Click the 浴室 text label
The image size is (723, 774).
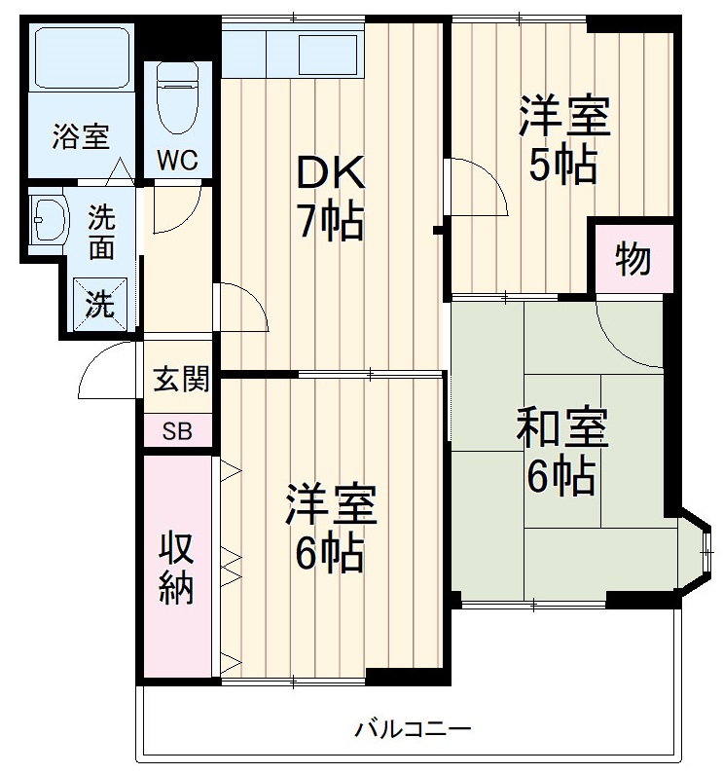tap(80, 137)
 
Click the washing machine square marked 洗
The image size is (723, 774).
tap(101, 303)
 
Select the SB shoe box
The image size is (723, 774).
tap(177, 430)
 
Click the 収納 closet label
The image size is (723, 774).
tap(177, 569)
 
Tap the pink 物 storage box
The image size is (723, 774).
tap(633, 260)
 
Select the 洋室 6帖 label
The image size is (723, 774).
tap(330, 530)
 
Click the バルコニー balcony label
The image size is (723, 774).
tap(413, 727)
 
